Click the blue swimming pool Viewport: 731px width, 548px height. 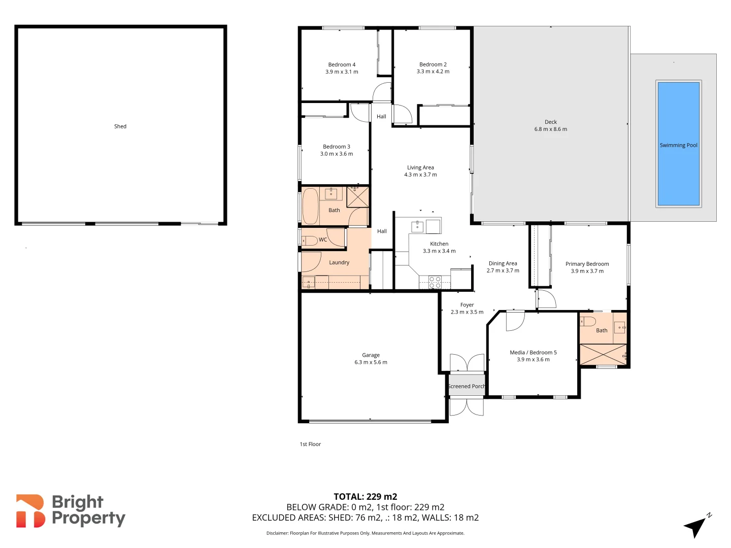(678, 144)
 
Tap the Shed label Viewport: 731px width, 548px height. (120, 126)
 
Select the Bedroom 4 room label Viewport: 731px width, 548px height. (342, 64)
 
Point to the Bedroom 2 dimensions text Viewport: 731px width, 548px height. (433, 72)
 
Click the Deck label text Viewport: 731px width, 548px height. (551, 122)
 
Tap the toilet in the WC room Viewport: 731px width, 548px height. (309, 241)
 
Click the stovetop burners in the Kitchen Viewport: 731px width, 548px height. (435, 282)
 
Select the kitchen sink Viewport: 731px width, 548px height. (417, 226)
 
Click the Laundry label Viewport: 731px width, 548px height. (339, 262)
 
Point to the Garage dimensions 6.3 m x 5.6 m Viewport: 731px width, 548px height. (371, 362)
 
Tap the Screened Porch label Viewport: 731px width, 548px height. (467, 386)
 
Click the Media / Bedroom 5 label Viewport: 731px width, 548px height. (533, 352)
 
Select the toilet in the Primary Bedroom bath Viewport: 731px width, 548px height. (588, 321)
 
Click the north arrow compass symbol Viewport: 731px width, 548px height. (696, 527)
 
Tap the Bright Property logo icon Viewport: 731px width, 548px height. (30, 511)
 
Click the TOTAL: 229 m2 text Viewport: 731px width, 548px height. (365, 497)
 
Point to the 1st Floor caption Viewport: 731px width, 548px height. (310, 444)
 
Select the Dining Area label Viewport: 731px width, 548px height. (503, 263)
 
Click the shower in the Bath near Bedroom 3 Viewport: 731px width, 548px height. (358, 197)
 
